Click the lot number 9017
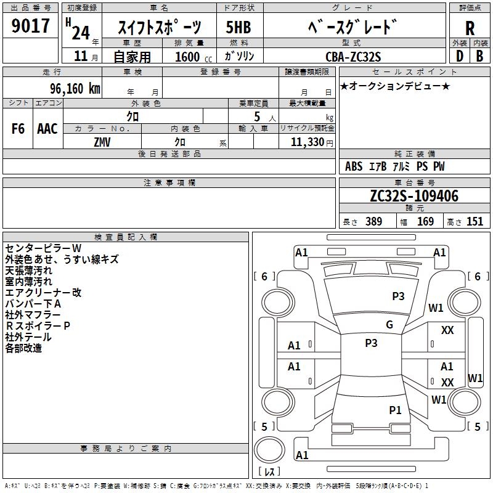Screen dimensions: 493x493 pos(31,26)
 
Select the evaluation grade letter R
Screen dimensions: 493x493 pos(470,28)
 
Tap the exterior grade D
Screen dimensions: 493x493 pos(459,55)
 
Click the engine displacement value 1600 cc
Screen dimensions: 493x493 pos(187,57)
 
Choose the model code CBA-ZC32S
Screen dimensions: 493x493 pos(353,57)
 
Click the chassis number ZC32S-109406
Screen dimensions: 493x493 pos(414,196)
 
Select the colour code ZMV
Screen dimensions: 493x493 pos(103,142)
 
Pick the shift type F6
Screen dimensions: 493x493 pos(18,129)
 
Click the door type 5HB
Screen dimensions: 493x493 pos(238,28)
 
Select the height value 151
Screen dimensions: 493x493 pos(475,221)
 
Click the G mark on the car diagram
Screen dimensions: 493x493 pos(389,325)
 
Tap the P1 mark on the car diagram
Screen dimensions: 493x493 pos(395,410)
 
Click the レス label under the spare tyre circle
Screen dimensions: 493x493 pos(269,471)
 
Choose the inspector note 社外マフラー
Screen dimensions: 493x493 pos(33,315)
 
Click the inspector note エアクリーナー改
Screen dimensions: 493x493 pos(43,293)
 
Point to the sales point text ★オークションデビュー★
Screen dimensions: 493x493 pos(395,86)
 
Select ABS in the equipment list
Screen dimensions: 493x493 pos(354,166)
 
